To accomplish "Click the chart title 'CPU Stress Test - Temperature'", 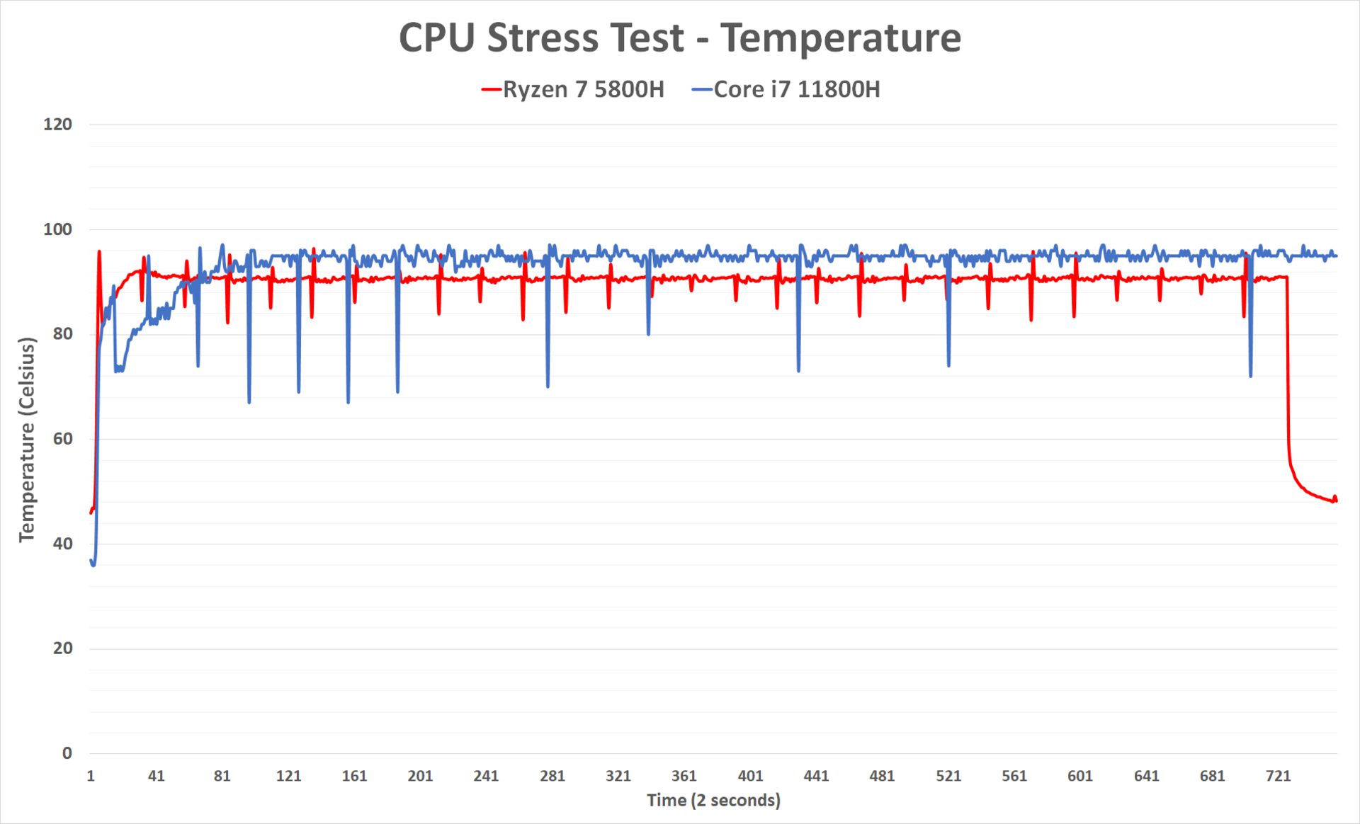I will tap(680, 38).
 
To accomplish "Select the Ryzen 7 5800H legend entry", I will tap(574, 90).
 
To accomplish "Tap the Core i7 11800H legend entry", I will tap(787, 90).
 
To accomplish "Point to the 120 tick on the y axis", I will tap(58, 125).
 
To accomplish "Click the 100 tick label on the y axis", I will tap(58, 229).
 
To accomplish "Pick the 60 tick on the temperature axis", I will tap(62, 439).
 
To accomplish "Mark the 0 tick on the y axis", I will tap(67, 753).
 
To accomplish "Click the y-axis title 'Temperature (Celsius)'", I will tap(27, 440).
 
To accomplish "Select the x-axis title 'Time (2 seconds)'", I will tap(713, 801).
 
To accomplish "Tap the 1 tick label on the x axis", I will tap(91, 777).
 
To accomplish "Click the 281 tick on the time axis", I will tap(552, 777).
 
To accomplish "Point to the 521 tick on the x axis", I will tap(948, 777).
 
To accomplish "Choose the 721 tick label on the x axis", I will tap(1279, 777).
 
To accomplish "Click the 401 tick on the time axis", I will tap(750, 777).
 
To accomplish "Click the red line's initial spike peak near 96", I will tap(99, 251).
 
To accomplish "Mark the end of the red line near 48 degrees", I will tap(1336, 501).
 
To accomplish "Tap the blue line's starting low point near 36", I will tap(93, 565).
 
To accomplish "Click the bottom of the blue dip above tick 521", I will tap(949, 365).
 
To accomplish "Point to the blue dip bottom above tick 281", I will tap(548, 387).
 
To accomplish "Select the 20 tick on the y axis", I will tap(62, 648).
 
